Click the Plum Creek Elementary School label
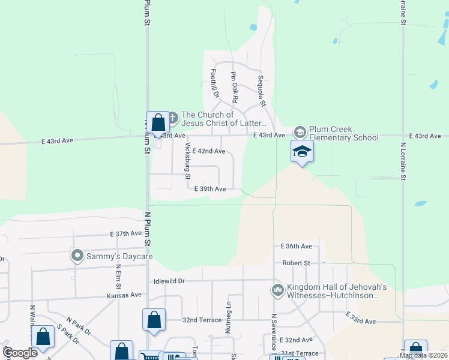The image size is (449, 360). pyautogui.click(x=344, y=133)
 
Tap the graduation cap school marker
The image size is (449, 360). pyautogui.click(x=302, y=152)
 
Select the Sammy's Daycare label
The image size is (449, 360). pyautogui.click(x=118, y=257)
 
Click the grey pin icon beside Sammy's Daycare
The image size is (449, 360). pyautogui.click(x=77, y=256)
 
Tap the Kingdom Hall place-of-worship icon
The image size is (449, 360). pyautogui.click(x=277, y=290)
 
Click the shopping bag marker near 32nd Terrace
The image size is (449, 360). pyautogui.click(x=154, y=319)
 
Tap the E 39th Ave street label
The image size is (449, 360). pyautogui.click(x=209, y=188)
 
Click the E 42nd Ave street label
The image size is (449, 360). pyautogui.click(x=208, y=151)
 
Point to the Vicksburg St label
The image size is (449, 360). pyautogui.click(x=188, y=161)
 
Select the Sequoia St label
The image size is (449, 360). pyautogui.click(x=262, y=91)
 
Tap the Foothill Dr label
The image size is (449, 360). pyautogui.click(x=214, y=83)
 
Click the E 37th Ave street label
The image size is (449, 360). pyautogui.click(x=125, y=233)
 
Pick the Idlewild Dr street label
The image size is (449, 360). pyautogui.click(x=169, y=281)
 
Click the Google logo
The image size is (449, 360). pyautogui.click(x=20, y=353)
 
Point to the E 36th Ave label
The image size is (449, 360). pyautogui.click(x=297, y=246)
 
